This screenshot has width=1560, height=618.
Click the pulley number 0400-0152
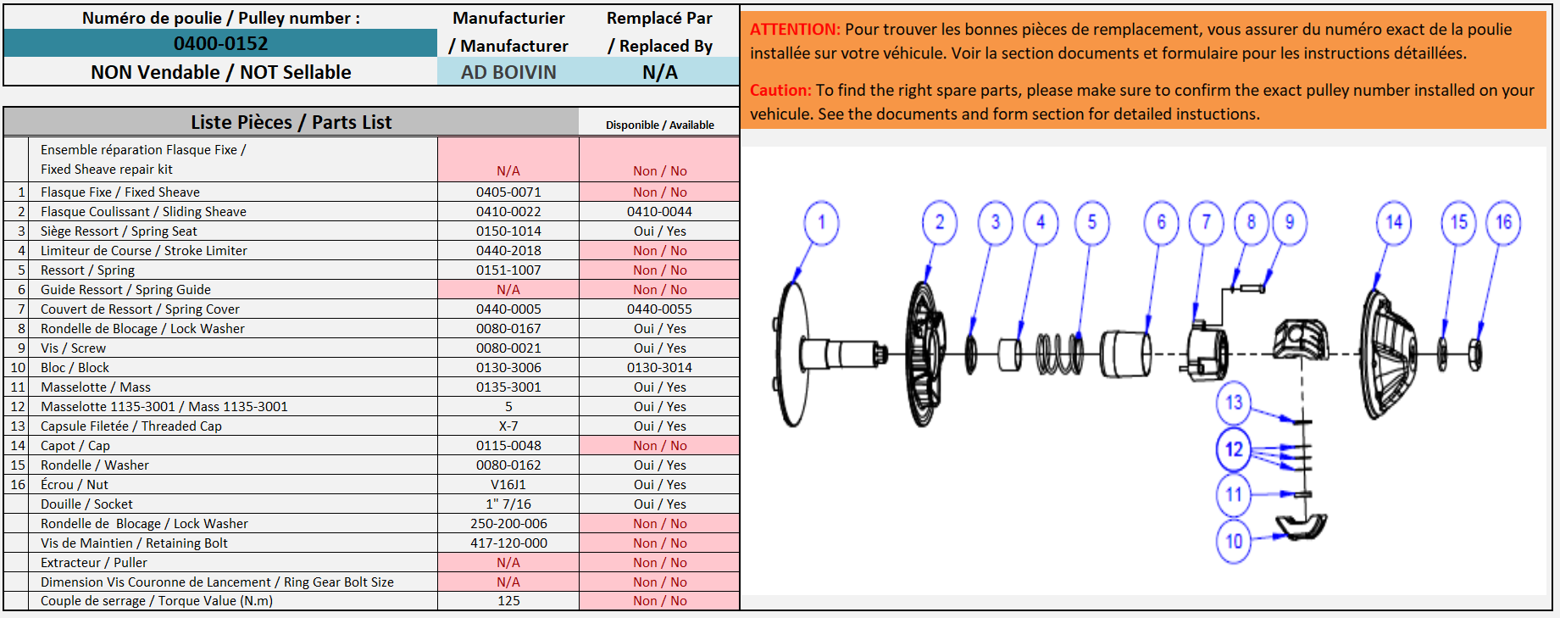pyautogui.click(x=220, y=43)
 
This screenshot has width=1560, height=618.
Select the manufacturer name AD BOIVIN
pyautogui.click(x=508, y=72)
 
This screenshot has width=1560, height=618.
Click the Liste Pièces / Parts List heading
pyautogui.click(x=291, y=122)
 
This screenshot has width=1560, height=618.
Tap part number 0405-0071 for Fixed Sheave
pyautogui.click(x=508, y=192)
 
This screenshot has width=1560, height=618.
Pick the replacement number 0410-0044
pyautogui.click(x=659, y=212)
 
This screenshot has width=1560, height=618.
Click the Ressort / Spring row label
pyautogui.click(x=87, y=270)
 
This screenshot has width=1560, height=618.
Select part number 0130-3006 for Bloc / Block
pyautogui.click(x=508, y=368)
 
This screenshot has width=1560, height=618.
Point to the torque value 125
pyautogui.click(x=508, y=601)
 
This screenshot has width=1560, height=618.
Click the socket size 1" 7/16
pyautogui.click(x=508, y=504)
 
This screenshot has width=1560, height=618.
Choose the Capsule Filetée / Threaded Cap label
pyautogui.click(x=131, y=426)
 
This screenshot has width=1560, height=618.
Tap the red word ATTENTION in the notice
pyautogui.click(x=795, y=30)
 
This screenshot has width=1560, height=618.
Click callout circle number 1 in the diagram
pyautogui.click(x=821, y=223)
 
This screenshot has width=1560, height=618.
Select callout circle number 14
pyautogui.click(x=1394, y=223)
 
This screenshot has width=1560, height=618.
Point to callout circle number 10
pyautogui.click(x=1234, y=541)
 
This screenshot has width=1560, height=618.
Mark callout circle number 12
pyautogui.click(x=1234, y=449)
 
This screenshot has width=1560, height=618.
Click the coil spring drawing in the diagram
pyautogui.click(x=1059, y=354)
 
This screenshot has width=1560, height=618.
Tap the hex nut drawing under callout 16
pyautogui.click(x=1475, y=354)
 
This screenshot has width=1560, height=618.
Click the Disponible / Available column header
pyautogui.click(x=659, y=125)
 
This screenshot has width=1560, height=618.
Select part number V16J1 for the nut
pyautogui.click(x=508, y=485)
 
